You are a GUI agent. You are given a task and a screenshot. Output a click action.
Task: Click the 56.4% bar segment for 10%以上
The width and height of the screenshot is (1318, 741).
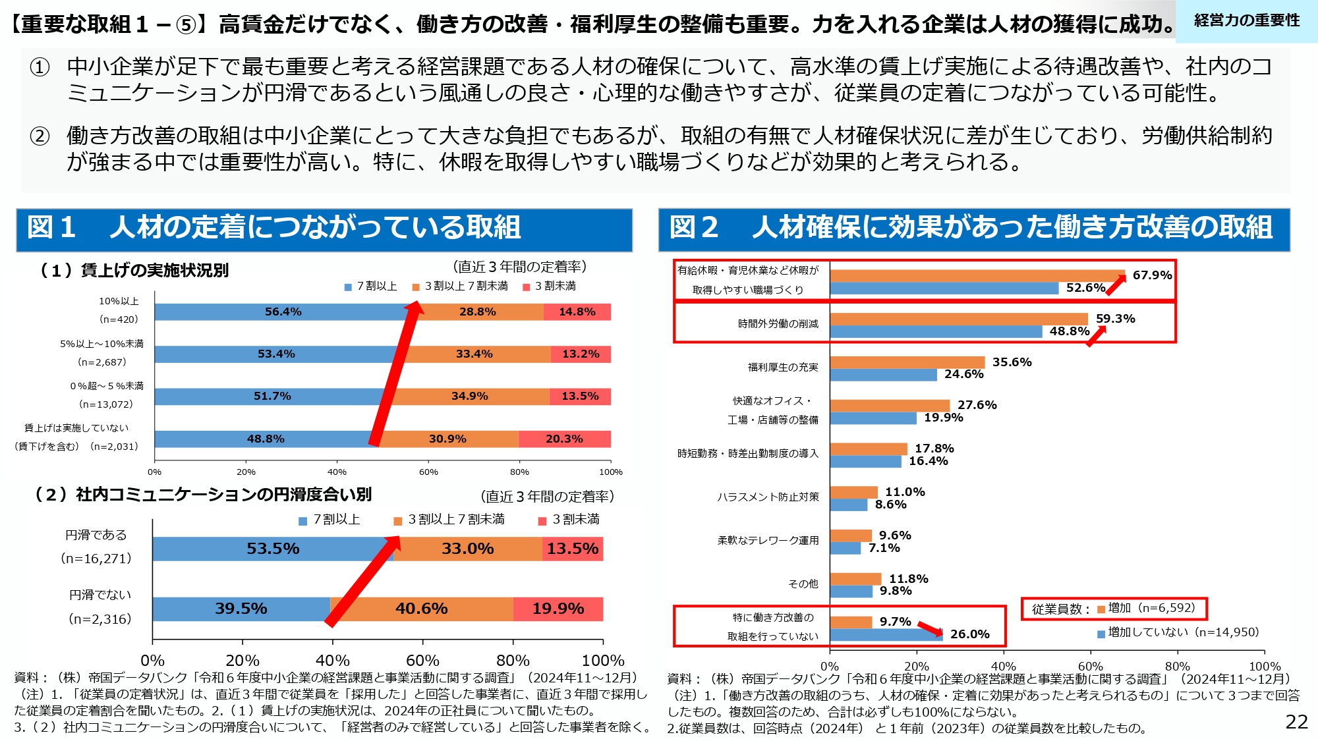click(x=283, y=312)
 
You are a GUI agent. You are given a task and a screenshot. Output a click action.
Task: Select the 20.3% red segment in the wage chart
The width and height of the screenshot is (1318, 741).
click(x=564, y=439)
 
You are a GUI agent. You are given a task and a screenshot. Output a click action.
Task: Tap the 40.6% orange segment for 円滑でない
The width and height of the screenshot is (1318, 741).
click(x=422, y=609)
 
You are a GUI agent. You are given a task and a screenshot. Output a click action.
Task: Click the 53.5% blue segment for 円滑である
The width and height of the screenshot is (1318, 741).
click(x=273, y=549)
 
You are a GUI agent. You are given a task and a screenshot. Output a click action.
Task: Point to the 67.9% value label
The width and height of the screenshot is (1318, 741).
click(x=1152, y=275)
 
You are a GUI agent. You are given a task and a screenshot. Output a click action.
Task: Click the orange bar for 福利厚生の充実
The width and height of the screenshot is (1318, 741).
click(x=907, y=362)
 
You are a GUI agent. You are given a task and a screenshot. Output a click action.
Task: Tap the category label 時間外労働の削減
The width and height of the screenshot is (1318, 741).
click(x=778, y=323)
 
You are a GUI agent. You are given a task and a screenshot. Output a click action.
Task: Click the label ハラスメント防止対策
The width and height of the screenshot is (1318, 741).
click(x=768, y=497)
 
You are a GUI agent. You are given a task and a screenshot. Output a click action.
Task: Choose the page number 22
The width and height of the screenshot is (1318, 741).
click(x=1296, y=722)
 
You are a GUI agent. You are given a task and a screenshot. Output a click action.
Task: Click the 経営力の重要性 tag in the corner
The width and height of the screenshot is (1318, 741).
click(x=1246, y=21)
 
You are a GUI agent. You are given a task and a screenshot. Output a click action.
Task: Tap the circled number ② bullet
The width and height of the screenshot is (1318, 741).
click(x=40, y=136)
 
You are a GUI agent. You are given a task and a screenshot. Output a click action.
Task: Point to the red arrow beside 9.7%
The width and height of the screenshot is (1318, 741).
click(x=930, y=628)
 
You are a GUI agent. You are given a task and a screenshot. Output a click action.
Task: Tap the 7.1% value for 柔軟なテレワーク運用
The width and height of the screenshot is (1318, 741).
click(x=884, y=548)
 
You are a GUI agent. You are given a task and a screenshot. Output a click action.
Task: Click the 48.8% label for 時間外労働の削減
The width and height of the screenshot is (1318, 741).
click(x=1069, y=331)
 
